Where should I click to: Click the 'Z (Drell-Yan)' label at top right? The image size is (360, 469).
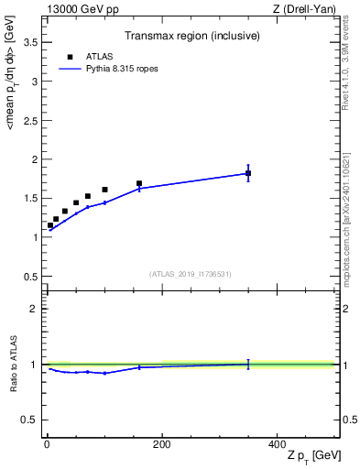tap(305, 9)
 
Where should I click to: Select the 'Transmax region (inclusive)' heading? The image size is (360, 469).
tap(191, 37)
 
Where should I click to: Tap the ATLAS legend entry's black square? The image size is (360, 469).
tap(70, 57)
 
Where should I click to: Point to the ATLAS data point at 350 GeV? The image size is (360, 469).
tap(248, 173)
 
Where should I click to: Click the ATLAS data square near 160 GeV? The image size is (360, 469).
tap(139, 183)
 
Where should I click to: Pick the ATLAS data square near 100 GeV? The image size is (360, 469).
tap(104, 190)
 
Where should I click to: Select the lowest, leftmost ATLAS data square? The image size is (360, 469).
tap(50, 225)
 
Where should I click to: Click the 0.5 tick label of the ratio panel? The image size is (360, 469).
tap(30, 420)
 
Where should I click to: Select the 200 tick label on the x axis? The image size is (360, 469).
tap(162, 444)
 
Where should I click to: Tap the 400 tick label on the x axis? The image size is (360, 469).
tap(277, 444)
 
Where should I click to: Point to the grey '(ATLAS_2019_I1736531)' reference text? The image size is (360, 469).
tap(191, 274)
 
